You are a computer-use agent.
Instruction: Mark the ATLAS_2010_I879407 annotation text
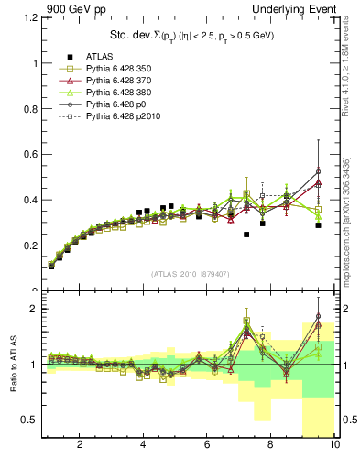click(x=189, y=274)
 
